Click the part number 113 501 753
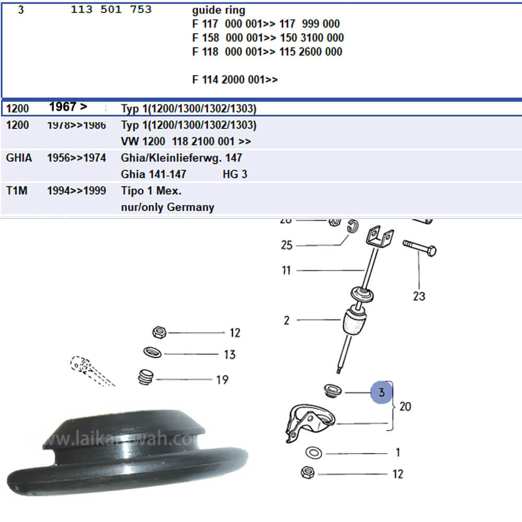(x=111, y=10)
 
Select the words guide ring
(x=218, y=10)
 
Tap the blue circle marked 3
(x=382, y=392)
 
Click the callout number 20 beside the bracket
(x=405, y=406)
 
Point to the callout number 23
(x=419, y=296)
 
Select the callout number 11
(x=286, y=270)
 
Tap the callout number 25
(x=287, y=245)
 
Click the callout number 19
(x=222, y=379)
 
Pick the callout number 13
(x=230, y=354)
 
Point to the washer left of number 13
(x=152, y=353)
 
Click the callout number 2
(x=287, y=320)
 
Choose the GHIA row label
(x=19, y=158)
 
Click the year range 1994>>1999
(x=76, y=191)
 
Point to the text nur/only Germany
(x=167, y=207)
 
